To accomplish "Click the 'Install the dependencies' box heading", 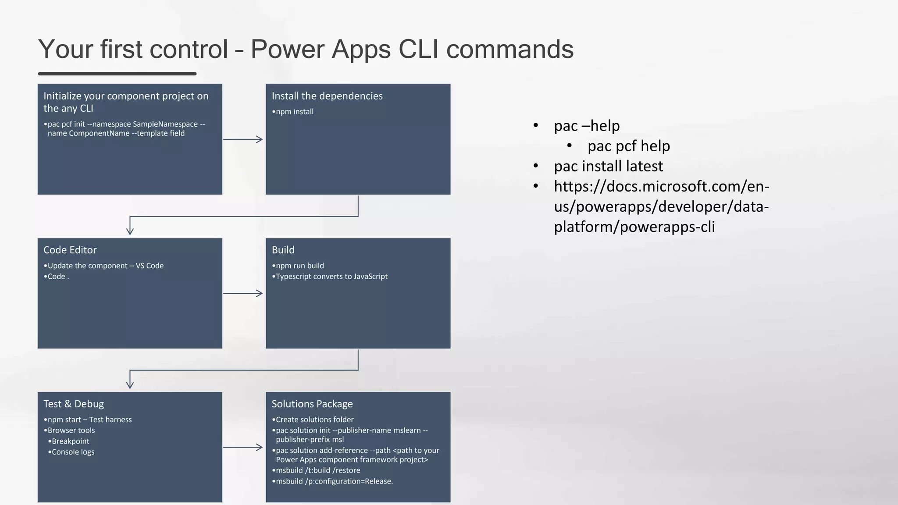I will point(327,96).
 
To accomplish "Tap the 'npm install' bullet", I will point(294,112).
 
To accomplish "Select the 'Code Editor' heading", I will point(70,250).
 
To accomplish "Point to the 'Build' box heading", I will point(283,250).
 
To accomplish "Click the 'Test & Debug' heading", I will point(74,404).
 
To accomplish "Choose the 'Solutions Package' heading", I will point(312,404).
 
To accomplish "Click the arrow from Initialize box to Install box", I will point(243,139).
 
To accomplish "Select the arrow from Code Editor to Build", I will point(243,293).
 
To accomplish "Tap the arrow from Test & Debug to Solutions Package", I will point(243,447).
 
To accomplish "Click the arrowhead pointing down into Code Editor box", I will point(130,231).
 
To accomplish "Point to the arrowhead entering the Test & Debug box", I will point(130,385).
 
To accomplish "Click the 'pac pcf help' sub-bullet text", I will point(628,146).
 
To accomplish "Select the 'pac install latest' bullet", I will point(608,166).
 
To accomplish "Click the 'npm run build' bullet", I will point(299,266).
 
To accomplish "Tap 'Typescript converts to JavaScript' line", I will point(331,277).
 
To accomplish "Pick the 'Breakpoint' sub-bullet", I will point(70,441).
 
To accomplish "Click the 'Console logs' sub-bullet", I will point(73,452).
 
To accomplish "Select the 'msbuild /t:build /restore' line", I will point(318,470).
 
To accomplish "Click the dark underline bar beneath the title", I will point(117,74).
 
